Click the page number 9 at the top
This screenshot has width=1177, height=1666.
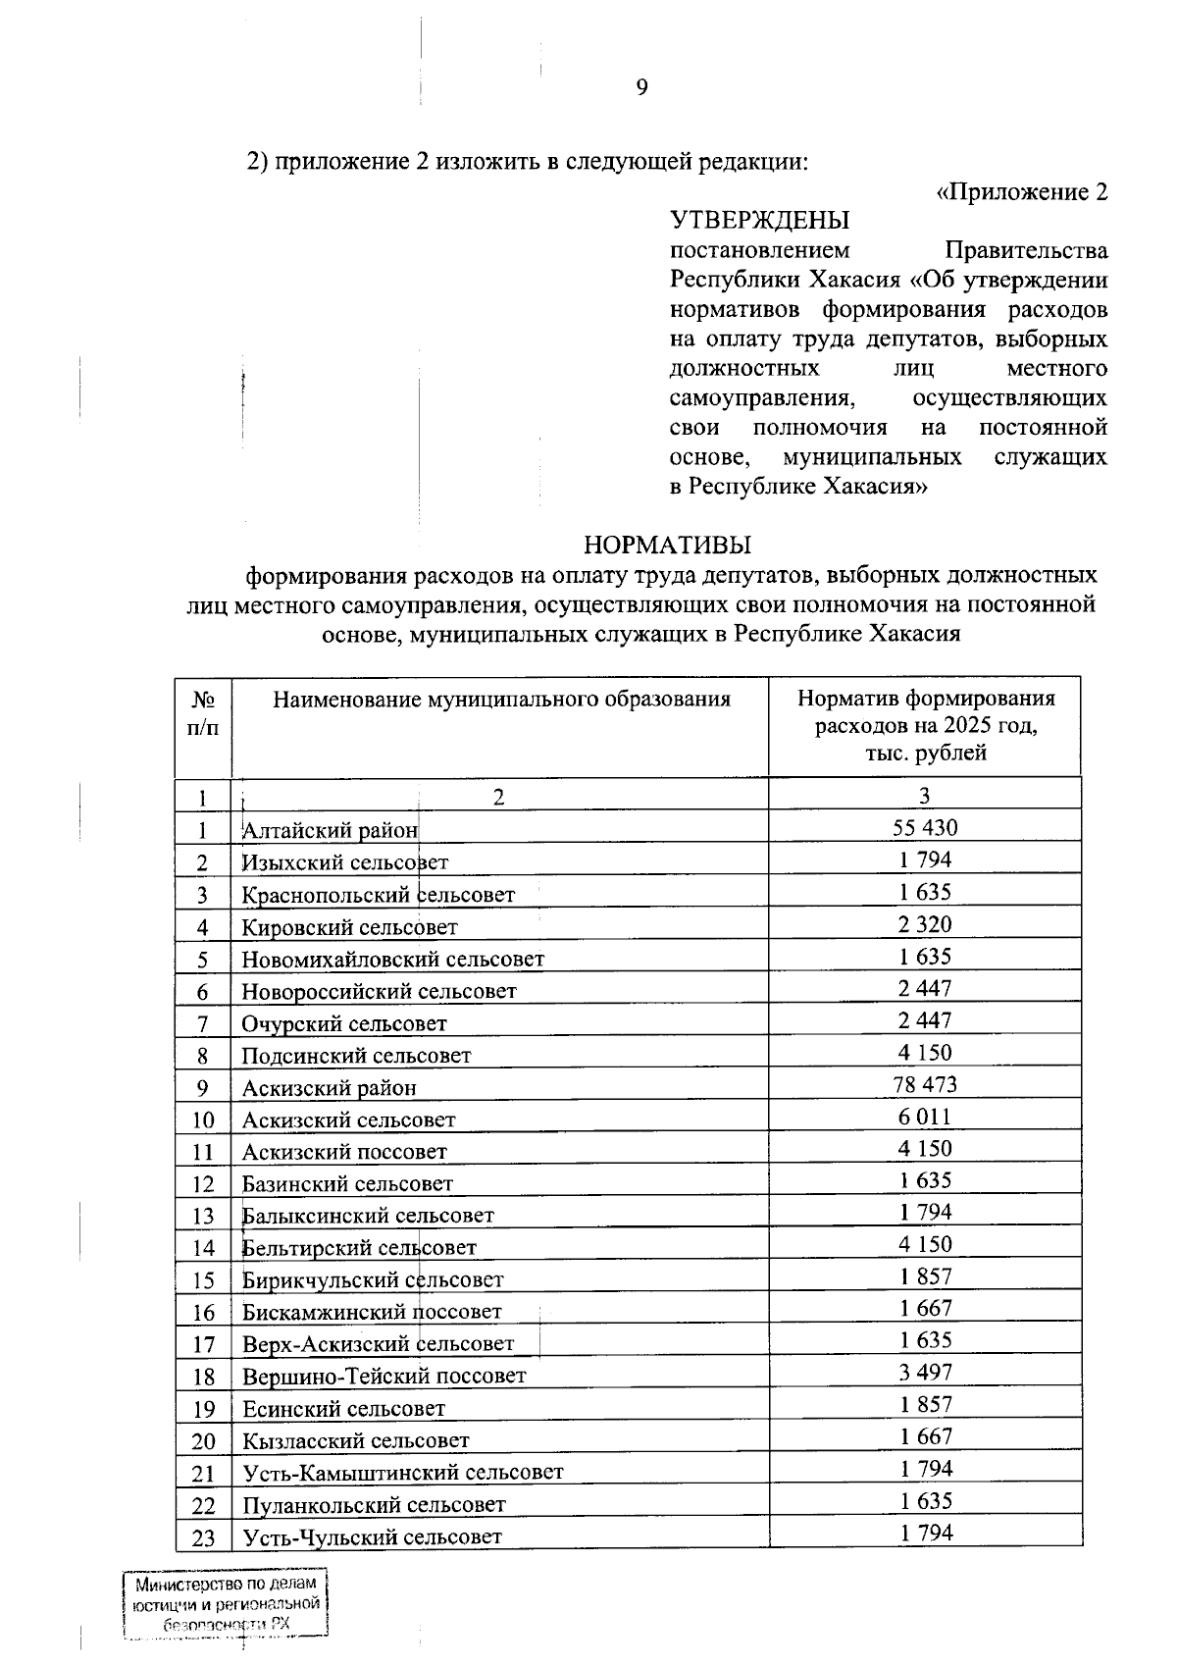(641, 88)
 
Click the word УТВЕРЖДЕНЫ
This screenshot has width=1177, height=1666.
(759, 220)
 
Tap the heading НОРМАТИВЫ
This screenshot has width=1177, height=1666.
(668, 544)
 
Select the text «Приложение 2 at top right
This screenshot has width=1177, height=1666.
(1022, 191)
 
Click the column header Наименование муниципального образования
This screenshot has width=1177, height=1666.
(501, 700)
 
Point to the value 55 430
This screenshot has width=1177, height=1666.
(925, 827)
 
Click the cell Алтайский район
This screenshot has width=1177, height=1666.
(330, 831)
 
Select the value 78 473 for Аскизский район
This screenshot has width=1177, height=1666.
(925, 1084)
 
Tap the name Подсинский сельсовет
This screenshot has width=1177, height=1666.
(356, 1056)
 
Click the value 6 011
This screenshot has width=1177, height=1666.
(925, 1117)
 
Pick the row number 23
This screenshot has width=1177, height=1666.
(203, 1537)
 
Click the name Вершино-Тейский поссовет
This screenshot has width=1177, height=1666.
(384, 1377)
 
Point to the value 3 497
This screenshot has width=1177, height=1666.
(925, 1373)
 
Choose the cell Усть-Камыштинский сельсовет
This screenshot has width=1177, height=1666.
(402, 1473)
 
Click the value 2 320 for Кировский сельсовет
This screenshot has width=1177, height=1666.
(925, 923)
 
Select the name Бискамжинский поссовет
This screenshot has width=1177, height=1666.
(372, 1312)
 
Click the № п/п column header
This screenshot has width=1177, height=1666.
(203, 713)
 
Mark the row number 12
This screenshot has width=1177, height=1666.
(203, 1184)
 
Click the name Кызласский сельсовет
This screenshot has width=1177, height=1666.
(355, 1440)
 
